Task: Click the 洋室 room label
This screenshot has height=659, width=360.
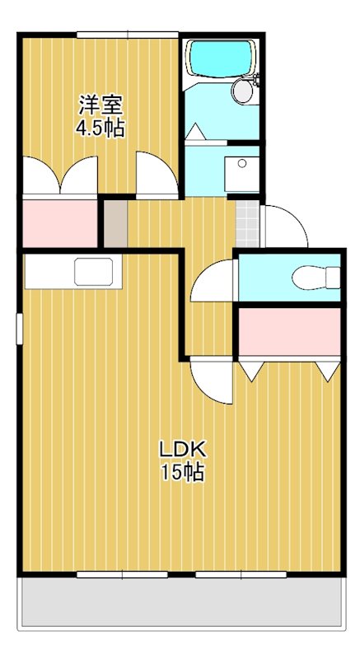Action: (101, 105)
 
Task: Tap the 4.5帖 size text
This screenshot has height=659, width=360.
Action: (101, 129)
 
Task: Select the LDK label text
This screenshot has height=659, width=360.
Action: (182, 450)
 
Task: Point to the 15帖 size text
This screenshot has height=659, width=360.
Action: (183, 472)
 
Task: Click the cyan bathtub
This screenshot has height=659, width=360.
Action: (221, 58)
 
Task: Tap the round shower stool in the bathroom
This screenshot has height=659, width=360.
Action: (242, 91)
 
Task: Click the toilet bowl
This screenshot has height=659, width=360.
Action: (316, 278)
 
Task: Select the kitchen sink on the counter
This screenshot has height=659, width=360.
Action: (94, 272)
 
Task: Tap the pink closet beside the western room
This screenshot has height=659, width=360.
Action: (60, 223)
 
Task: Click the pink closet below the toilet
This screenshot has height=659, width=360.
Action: (289, 332)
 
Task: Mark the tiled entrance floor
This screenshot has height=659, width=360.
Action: (247, 223)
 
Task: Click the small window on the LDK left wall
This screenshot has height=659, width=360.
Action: (19, 329)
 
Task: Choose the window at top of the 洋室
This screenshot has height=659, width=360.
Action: (128, 35)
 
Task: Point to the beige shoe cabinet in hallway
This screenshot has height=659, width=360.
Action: (115, 223)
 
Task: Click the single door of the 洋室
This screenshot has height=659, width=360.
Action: (157, 175)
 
